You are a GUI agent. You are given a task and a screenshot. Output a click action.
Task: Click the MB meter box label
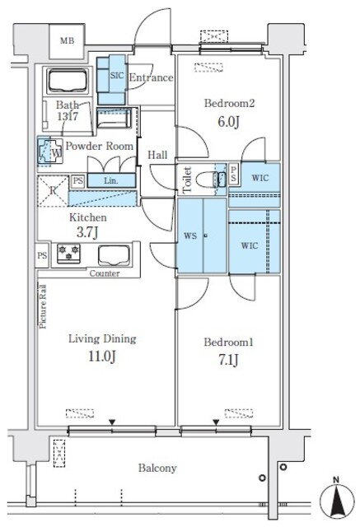click(68, 41)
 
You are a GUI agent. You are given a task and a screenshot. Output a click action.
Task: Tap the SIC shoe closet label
click(117, 75)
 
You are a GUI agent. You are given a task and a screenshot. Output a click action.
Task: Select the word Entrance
click(152, 77)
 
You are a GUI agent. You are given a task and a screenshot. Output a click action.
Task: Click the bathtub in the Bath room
click(68, 81)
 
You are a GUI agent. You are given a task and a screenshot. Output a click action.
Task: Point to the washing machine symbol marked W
click(50, 151)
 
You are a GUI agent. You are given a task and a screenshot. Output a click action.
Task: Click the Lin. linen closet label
click(111, 181)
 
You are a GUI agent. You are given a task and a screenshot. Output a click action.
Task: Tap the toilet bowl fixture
click(208, 179)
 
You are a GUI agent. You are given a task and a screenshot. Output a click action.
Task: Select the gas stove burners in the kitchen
click(69, 254)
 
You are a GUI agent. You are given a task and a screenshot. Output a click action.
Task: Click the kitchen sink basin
click(115, 255)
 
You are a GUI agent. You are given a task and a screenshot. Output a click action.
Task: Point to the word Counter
click(105, 273)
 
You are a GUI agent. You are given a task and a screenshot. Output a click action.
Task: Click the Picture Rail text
click(43, 306)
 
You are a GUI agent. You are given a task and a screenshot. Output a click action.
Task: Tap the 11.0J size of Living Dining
click(102, 357)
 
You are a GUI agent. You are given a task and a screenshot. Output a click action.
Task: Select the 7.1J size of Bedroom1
click(228, 360)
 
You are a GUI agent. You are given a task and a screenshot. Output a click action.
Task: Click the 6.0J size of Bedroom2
click(228, 121)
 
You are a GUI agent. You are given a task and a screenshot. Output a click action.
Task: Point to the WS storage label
click(190, 236)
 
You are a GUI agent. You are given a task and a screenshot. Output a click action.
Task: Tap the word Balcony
click(157, 468)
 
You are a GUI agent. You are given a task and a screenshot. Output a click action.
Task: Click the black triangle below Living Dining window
click(112, 422)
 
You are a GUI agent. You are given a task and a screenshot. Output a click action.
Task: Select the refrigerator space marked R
click(53, 190)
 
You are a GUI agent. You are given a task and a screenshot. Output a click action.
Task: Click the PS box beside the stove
click(42, 255)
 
